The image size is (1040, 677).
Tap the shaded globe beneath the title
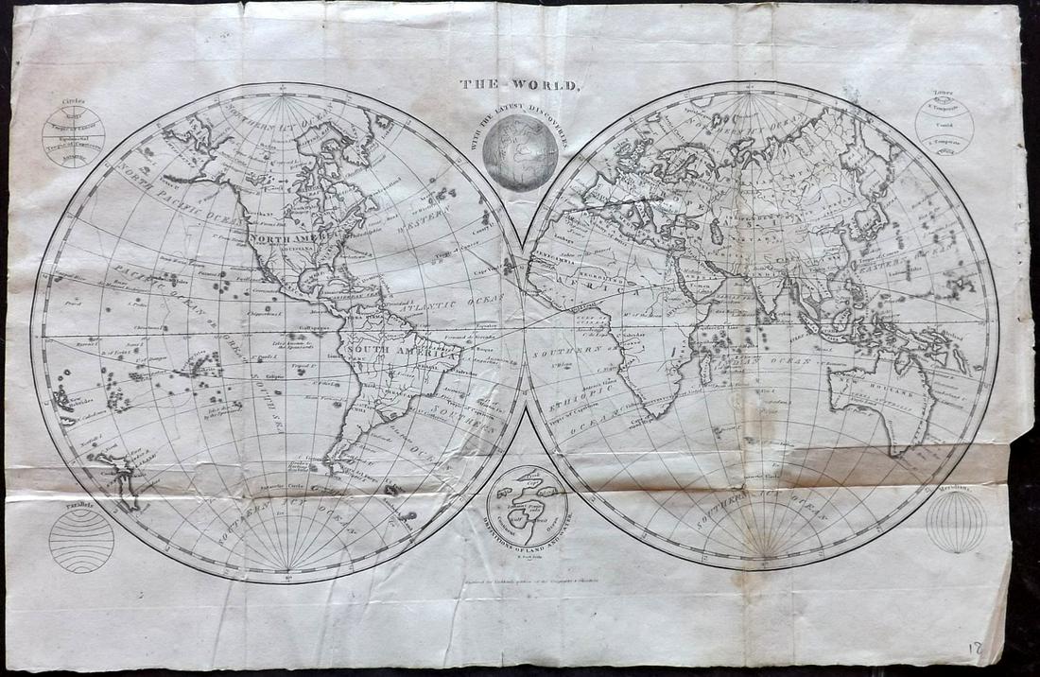pos(520,151)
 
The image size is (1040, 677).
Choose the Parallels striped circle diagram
pos(81,541)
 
